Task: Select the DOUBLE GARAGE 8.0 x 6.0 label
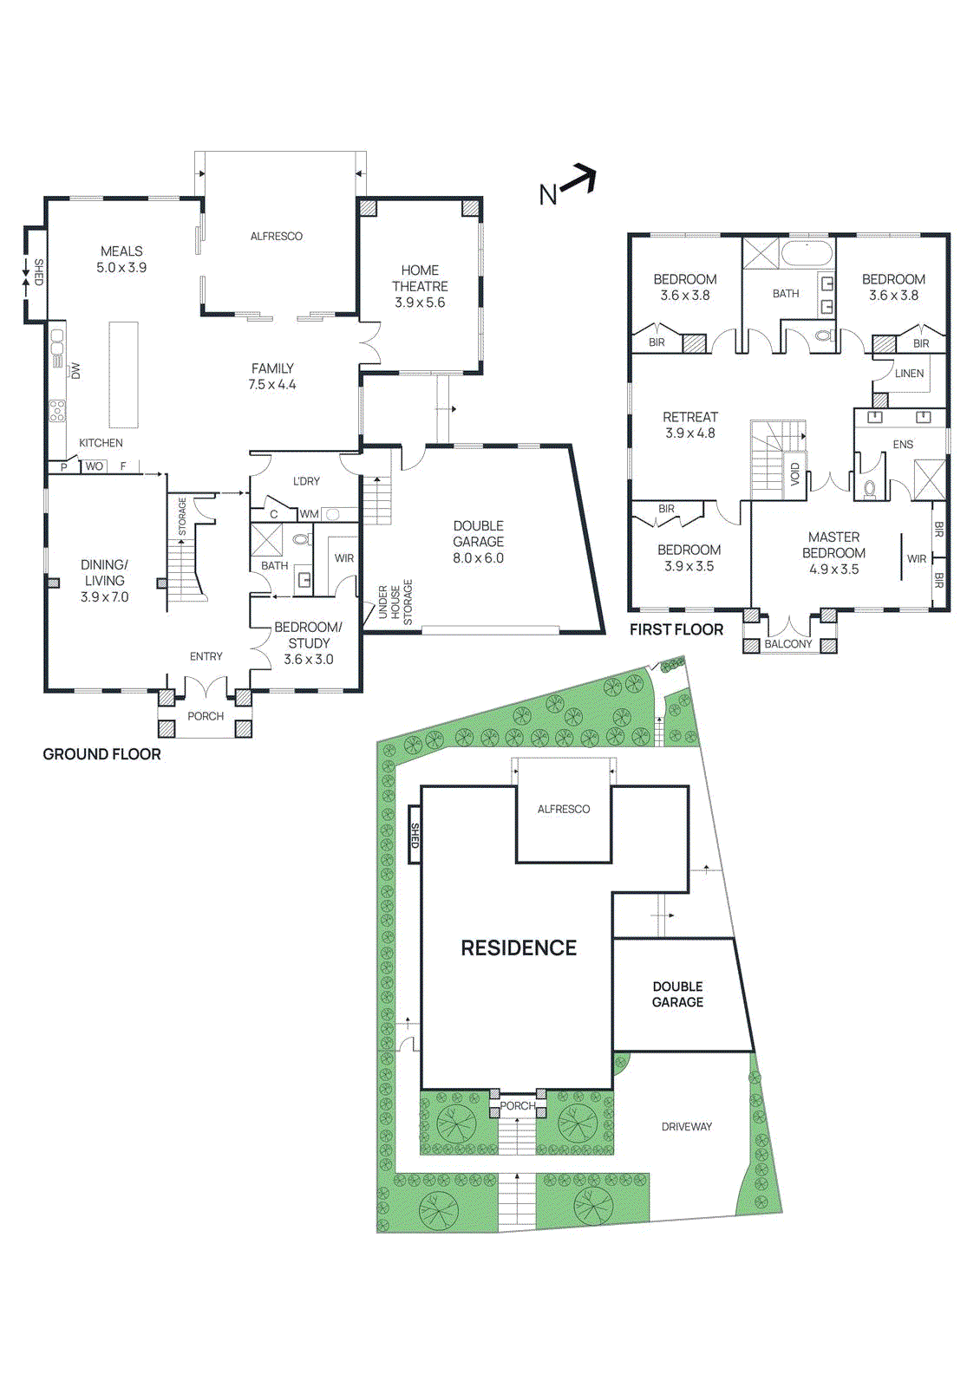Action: coord(478,542)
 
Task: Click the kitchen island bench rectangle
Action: coord(123,374)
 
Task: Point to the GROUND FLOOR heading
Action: coord(101,754)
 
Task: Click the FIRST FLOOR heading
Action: coord(676,629)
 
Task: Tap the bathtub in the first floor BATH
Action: coord(807,254)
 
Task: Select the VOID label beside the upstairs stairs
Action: coord(795,474)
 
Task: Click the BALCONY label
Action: coord(787,644)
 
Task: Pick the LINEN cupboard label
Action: coord(909,374)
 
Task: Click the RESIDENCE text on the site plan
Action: coord(518,947)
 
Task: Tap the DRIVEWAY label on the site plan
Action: coord(686,1127)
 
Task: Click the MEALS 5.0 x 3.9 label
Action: coord(121,259)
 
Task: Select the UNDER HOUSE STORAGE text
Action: coord(395,602)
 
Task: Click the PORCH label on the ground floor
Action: coord(206,716)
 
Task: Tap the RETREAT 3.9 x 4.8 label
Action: coord(689,425)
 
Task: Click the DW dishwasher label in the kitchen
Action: coord(75,370)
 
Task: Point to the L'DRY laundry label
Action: coord(306,481)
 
